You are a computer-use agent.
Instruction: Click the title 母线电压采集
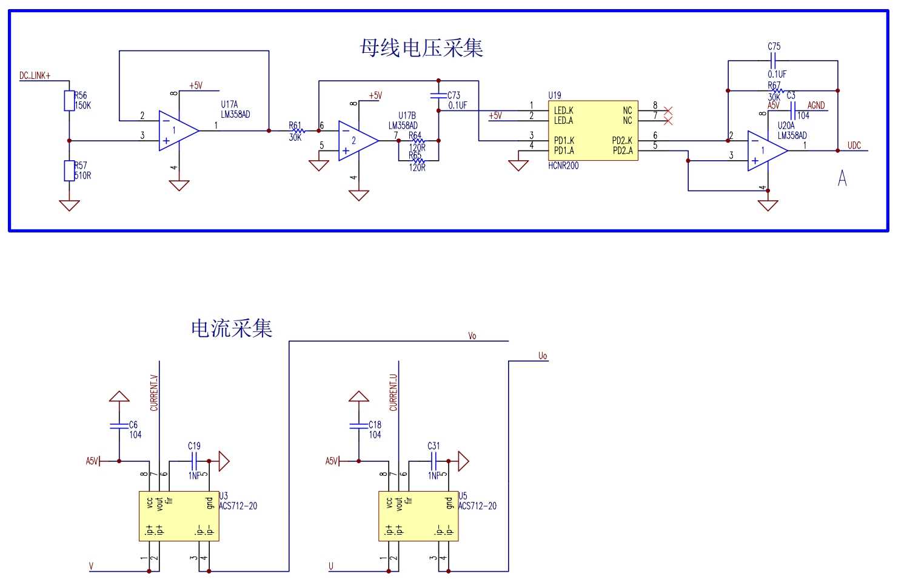421,48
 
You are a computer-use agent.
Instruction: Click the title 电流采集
232,328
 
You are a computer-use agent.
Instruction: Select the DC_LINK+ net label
35,76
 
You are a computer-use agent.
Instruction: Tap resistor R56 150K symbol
69,101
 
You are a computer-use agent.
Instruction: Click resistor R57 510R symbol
69,171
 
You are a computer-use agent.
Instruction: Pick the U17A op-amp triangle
178,130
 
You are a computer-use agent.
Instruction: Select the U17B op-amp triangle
357,141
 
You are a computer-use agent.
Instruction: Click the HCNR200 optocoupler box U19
592,130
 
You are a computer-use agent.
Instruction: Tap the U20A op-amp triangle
766,151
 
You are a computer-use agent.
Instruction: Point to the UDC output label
854,146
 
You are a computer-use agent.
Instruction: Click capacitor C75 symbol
773,61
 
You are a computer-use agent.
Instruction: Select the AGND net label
816,106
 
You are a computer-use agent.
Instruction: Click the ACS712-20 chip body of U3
179,516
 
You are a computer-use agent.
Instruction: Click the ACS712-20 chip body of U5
418,516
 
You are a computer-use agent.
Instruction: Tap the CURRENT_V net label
154,393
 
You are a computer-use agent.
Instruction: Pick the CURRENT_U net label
393,393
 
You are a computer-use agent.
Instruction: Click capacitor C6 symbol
119,425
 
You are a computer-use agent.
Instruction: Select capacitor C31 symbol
433,461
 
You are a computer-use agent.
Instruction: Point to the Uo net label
543,356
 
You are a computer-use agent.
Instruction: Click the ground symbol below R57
69,205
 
